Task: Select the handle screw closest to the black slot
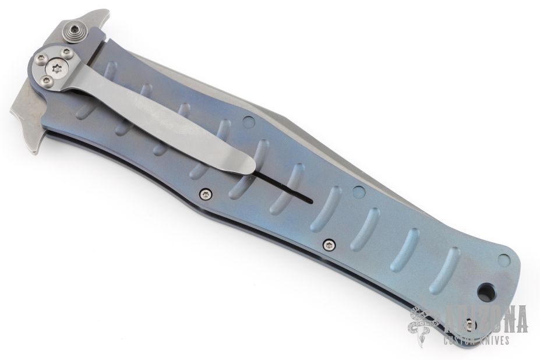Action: [x=206, y=194]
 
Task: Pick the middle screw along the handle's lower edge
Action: [x=330, y=245]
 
